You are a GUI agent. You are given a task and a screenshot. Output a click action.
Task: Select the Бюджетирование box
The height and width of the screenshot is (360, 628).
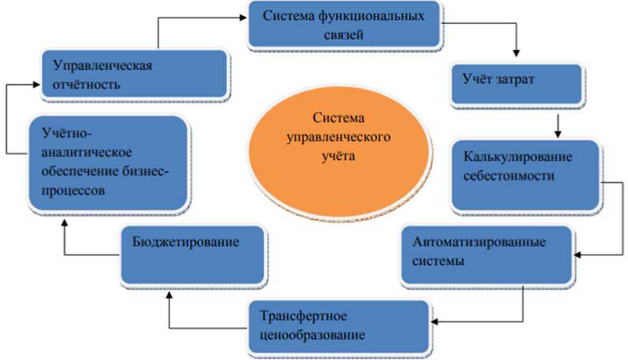pyautogui.click(x=193, y=254)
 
